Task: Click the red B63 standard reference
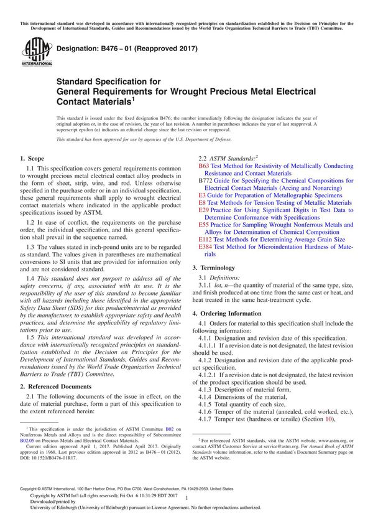click(x=203, y=167)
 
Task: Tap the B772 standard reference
click(x=205, y=180)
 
